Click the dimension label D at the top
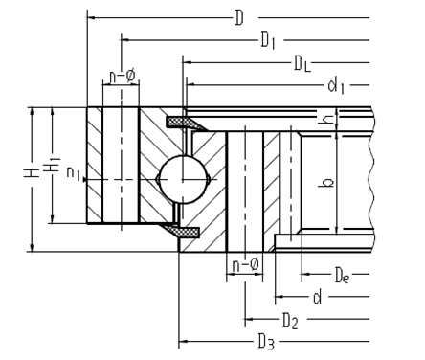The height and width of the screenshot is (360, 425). [x=239, y=18]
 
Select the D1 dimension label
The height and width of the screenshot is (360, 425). [x=268, y=40]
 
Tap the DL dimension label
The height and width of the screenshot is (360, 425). [x=302, y=63]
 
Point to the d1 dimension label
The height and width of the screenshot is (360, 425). [x=336, y=86]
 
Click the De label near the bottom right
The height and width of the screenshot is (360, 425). [x=343, y=276]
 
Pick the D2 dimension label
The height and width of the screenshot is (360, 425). [x=290, y=321]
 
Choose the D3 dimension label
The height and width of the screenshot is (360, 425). [x=266, y=342]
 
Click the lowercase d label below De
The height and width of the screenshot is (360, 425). [x=317, y=297]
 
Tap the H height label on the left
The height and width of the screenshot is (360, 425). [x=32, y=173]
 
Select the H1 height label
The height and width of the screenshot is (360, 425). [x=52, y=165]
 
